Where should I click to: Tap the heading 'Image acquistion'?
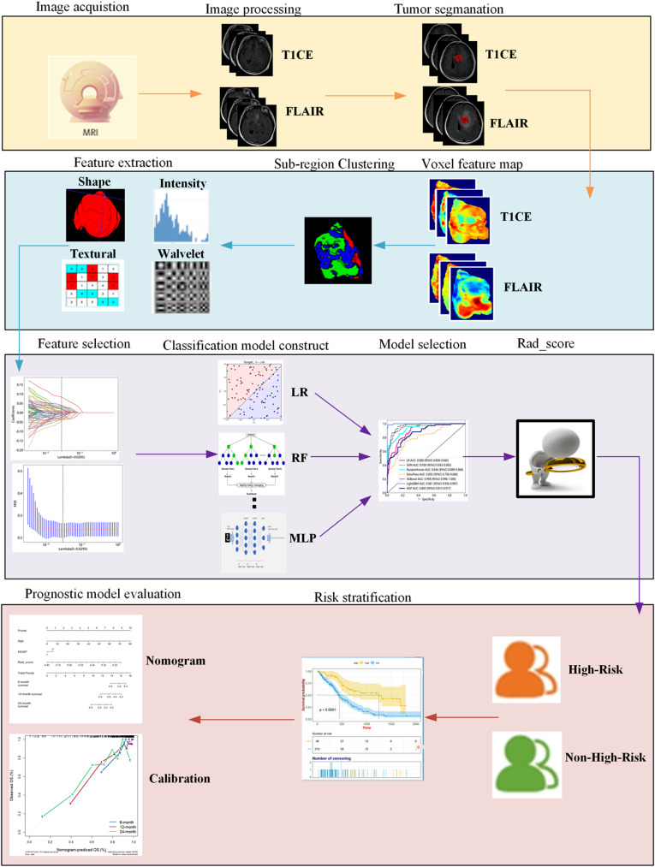[x=69, y=9]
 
